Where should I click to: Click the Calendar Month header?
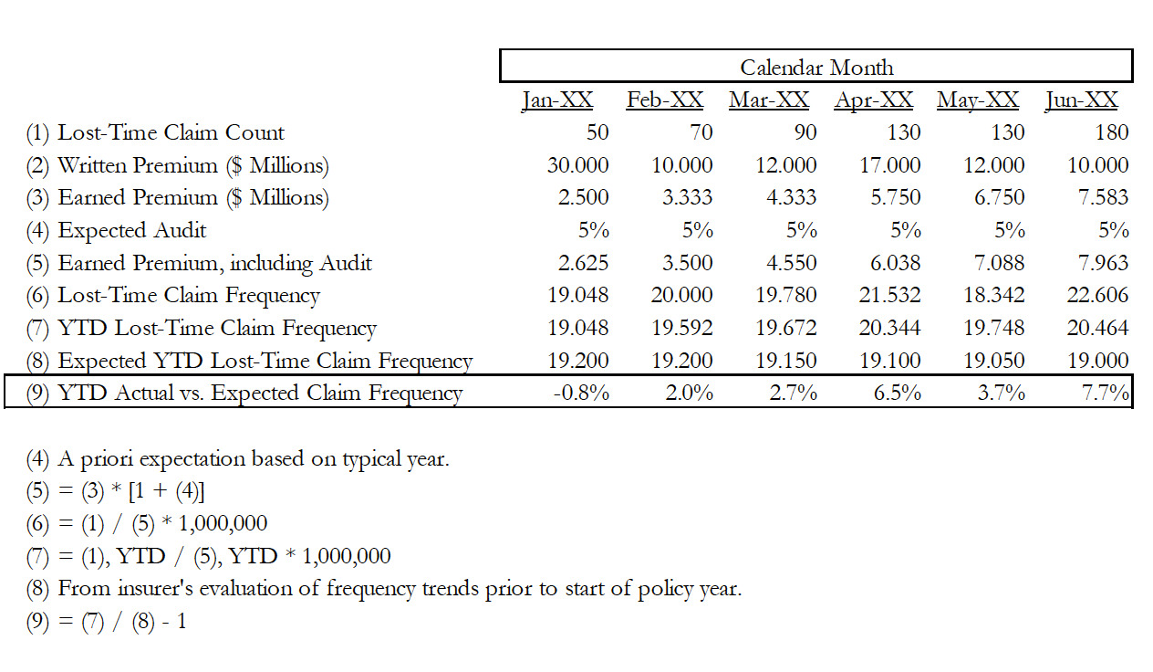tap(815, 68)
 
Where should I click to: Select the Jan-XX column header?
tap(556, 100)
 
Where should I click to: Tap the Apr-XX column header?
tap(873, 100)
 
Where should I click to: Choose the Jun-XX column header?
tap(1081, 100)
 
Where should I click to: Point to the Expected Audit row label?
tap(116, 230)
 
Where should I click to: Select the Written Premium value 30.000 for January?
tap(577, 165)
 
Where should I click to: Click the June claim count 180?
tap(1110, 132)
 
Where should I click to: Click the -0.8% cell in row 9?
tap(581, 394)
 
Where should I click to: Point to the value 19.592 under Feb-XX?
tap(681, 328)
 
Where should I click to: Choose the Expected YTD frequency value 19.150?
tap(785, 361)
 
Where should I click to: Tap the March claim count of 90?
tap(804, 132)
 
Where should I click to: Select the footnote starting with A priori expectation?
tap(237, 458)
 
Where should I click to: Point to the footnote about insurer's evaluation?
tap(383, 589)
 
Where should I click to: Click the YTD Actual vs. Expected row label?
tap(244, 394)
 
